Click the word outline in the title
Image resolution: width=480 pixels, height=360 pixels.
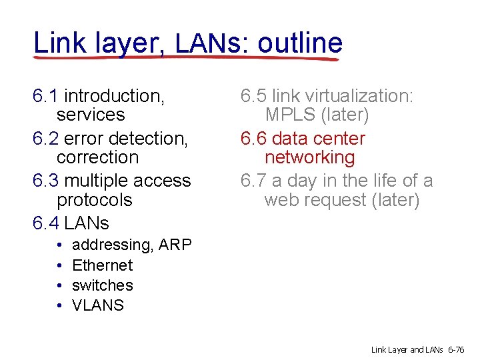tap(300, 43)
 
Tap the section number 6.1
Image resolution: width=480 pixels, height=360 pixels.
tap(45, 96)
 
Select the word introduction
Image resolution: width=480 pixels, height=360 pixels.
tap(114, 96)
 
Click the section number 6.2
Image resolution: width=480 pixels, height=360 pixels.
tap(45, 139)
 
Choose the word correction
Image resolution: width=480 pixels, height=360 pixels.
tap(97, 158)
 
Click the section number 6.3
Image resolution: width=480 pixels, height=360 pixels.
tap(45, 181)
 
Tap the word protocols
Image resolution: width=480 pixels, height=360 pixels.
tap(95, 200)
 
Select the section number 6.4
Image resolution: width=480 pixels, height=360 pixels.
tap(45, 223)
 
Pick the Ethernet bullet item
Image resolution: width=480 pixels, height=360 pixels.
tap(102, 265)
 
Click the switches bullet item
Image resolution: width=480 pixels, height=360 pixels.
tap(102, 285)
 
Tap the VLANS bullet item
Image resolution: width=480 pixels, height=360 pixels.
tap(98, 306)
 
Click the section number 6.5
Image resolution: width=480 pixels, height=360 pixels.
tap(254, 96)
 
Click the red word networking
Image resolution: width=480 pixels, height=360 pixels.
tap(309, 158)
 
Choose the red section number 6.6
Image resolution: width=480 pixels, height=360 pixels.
tap(254, 139)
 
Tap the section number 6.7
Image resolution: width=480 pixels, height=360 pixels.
tap(254, 181)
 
